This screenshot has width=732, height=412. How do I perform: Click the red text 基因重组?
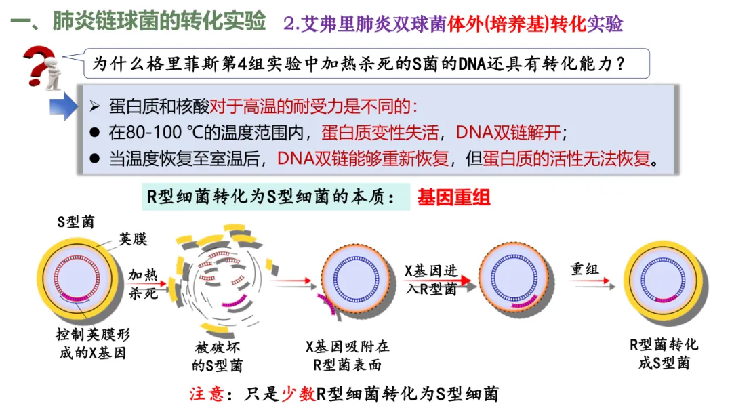[453, 197]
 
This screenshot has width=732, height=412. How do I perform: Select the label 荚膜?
[134, 239]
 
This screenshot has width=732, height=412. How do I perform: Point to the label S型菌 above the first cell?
[76, 222]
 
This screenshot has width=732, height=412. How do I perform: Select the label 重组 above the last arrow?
[585, 269]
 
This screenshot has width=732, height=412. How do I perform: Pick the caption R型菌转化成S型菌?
[664, 353]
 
